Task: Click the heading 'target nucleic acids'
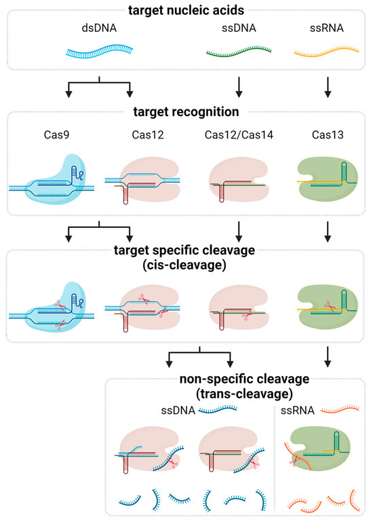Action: tap(186, 10)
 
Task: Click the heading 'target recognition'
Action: tap(186, 111)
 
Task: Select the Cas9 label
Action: tap(56, 136)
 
